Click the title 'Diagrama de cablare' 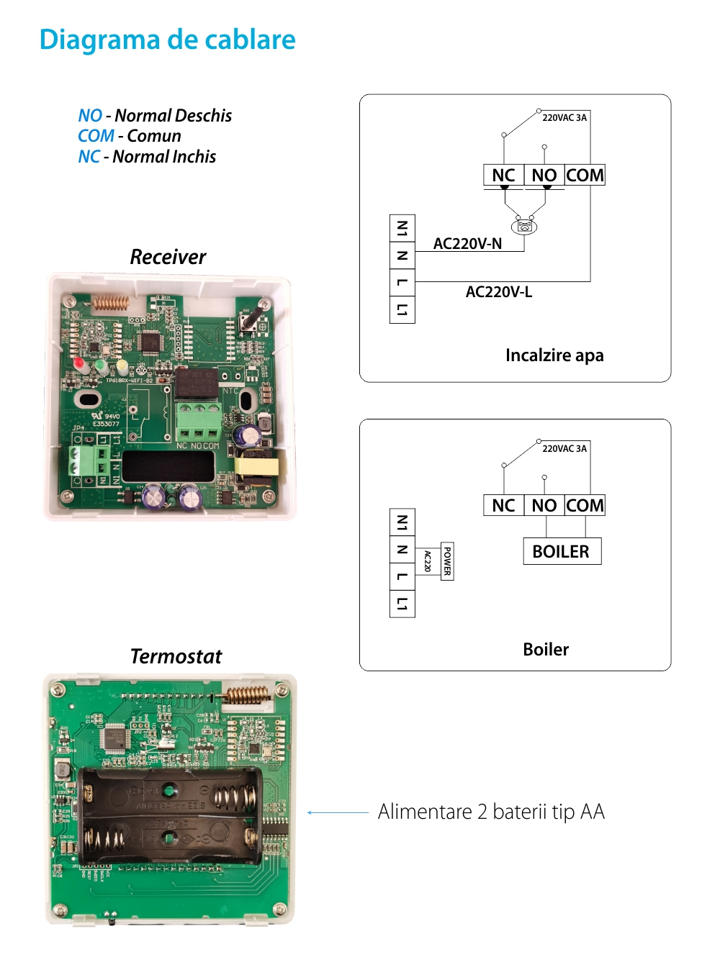(x=167, y=40)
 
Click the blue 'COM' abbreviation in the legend (x=96, y=136)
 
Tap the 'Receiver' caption (x=168, y=257)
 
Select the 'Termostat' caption (x=176, y=656)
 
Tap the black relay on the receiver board (x=197, y=383)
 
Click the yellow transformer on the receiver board (x=256, y=466)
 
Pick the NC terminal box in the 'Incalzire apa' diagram (x=503, y=175)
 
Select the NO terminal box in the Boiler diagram (x=544, y=506)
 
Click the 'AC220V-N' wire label (x=467, y=244)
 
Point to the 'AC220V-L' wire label (x=498, y=291)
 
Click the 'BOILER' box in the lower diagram (x=562, y=552)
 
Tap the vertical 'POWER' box (x=447, y=561)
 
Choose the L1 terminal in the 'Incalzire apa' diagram (x=402, y=310)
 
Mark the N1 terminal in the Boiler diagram (x=402, y=523)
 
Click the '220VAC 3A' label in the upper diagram (x=564, y=118)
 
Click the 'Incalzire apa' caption (x=554, y=355)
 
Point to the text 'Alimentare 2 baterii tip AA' (x=491, y=812)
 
